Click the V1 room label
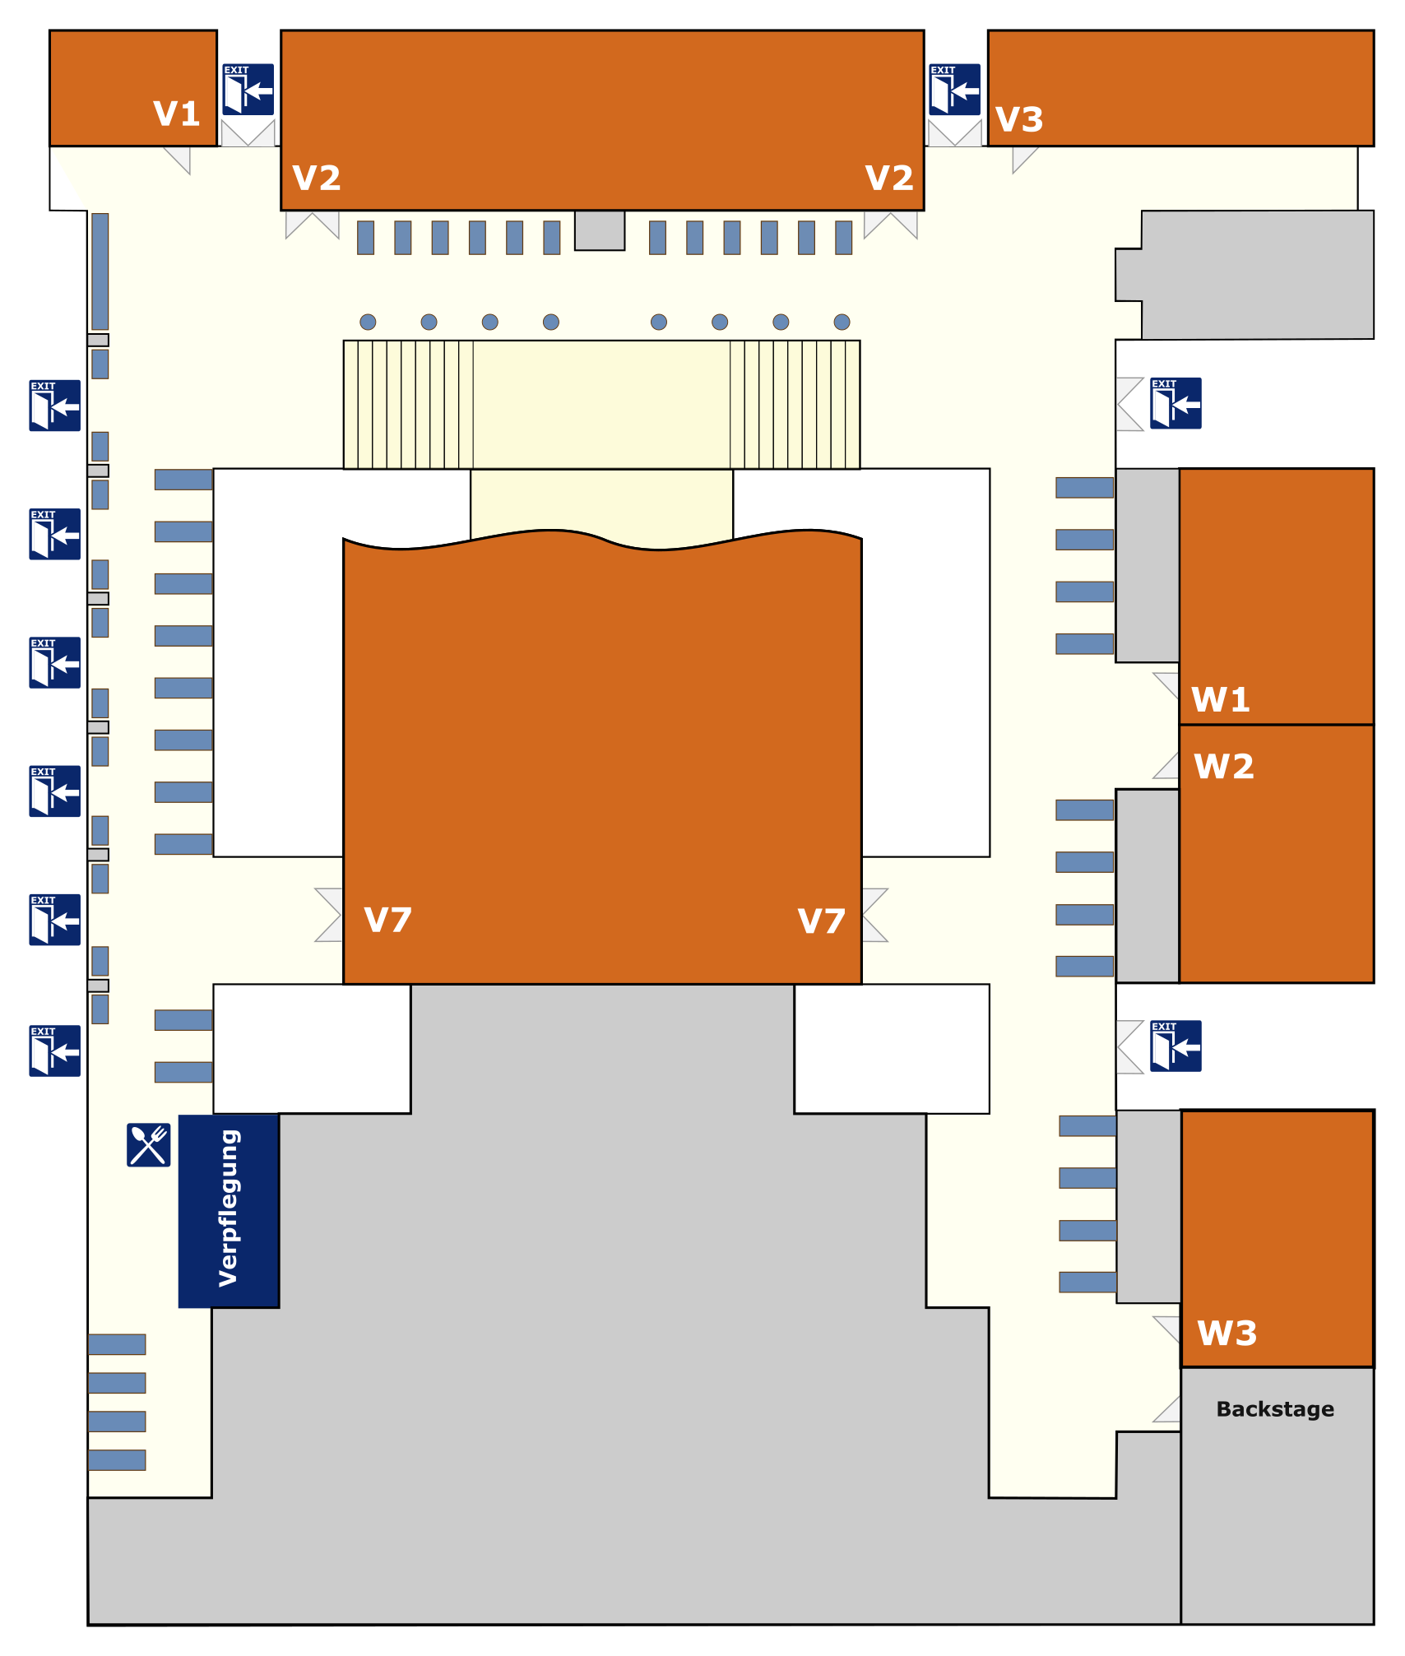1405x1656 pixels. (177, 114)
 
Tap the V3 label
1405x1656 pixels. (1019, 120)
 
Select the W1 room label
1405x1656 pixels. (1221, 700)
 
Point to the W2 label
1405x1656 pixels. (1224, 767)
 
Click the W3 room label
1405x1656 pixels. (1227, 1333)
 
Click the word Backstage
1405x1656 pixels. (1275, 1409)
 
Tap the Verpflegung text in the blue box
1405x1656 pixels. (229, 1208)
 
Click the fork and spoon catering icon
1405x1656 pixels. (149, 1144)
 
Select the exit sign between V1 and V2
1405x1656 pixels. (248, 90)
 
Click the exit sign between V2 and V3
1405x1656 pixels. (954, 90)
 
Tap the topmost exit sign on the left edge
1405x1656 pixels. (55, 406)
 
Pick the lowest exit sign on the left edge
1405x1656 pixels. (55, 1051)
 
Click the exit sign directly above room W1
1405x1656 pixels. (1175, 403)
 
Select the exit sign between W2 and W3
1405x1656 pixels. (1175, 1046)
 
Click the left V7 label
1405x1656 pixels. (387, 920)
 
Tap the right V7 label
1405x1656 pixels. (821, 921)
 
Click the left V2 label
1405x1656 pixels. (317, 178)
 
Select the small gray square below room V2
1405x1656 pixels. (600, 230)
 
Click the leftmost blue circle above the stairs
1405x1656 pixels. (368, 322)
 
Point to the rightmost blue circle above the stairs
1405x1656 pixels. (842, 322)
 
